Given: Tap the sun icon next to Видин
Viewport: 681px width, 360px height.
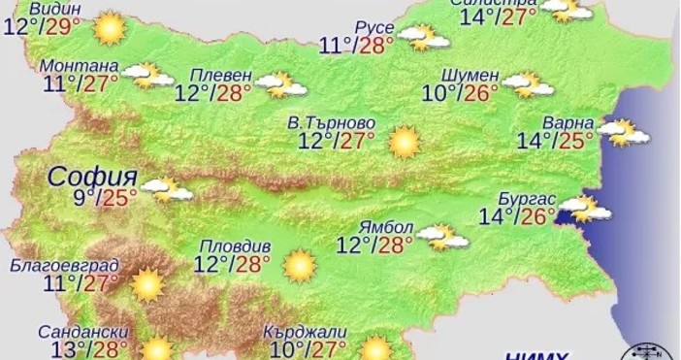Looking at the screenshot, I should pyautogui.click(x=110, y=27).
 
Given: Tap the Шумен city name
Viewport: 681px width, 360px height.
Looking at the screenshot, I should pyautogui.click(x=470, y=76).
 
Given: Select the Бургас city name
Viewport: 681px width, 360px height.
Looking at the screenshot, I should pyautogui.click(x=526, y=198).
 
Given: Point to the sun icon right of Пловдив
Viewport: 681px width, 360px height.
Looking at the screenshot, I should pyautogui.click(x=299, y=264).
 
